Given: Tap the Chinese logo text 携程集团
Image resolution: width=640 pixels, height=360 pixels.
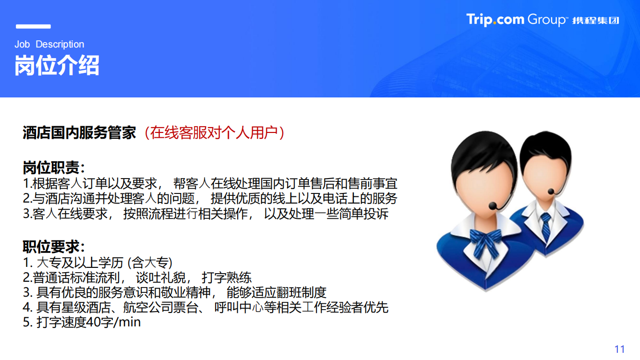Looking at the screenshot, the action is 596,21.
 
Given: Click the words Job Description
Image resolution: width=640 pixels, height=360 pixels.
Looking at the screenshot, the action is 49,44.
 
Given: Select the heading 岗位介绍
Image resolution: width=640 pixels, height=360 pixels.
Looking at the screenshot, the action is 57,65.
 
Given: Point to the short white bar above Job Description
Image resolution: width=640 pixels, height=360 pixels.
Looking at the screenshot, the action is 33,26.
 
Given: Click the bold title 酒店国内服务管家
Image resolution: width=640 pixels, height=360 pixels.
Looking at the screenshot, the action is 79,133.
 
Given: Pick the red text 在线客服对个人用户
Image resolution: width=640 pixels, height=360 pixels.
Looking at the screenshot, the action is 214,133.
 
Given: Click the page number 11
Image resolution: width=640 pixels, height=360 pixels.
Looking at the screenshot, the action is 619,349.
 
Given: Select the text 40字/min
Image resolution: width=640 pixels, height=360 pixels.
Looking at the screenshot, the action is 113,322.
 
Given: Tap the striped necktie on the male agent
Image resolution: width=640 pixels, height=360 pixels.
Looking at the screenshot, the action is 546,227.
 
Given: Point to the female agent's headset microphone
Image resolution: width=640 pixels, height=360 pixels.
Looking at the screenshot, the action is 493,206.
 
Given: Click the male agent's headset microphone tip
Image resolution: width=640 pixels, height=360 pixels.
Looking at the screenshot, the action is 551,191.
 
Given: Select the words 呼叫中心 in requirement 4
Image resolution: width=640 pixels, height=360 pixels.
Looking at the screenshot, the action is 239,307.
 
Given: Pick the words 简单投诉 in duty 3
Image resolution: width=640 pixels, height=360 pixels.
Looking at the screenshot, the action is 363,214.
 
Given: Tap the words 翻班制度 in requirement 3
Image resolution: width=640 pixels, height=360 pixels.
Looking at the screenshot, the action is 301,293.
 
